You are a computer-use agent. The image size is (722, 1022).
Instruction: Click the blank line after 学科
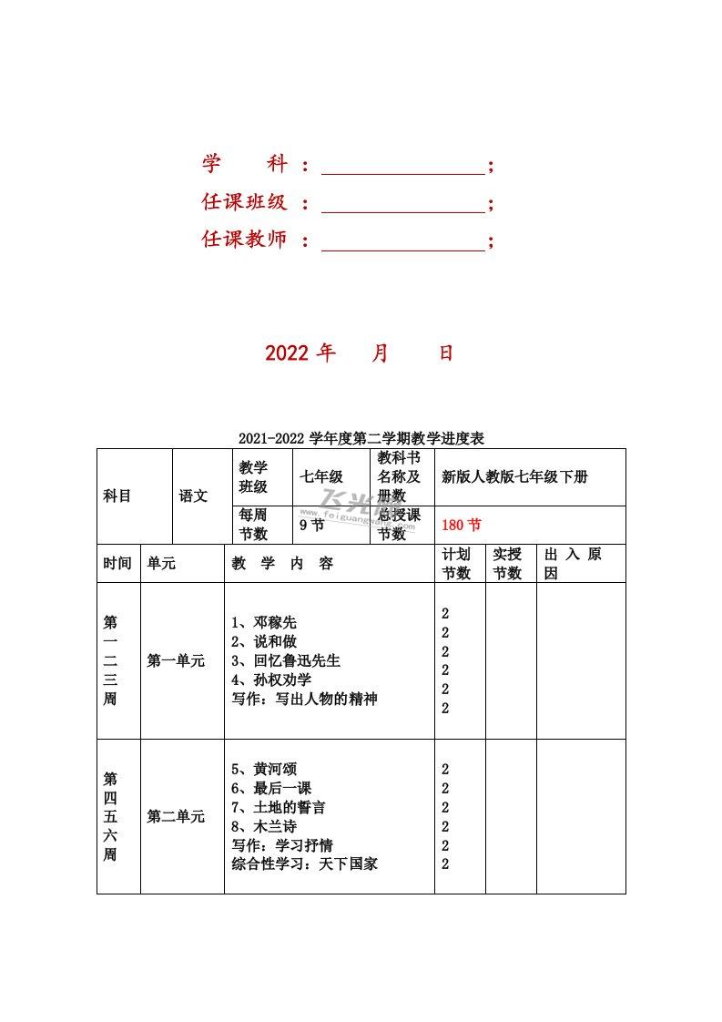[x=403, y=166]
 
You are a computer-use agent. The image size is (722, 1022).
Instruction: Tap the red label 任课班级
[x=244, y=202]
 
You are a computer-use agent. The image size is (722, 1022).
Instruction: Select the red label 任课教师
[x=244, y=240]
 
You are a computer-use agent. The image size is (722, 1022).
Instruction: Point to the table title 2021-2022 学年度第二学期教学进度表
[x=361, y=438]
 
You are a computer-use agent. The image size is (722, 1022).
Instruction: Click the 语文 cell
[x=193, y=496]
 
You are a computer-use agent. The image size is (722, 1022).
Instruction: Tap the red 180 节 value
[x=462, y=525]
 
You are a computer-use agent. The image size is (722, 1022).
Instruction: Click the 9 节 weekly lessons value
[x=311, y=525]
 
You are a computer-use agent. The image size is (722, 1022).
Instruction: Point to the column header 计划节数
[x=456, y=564]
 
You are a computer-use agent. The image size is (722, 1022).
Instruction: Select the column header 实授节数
[x=507, y=564]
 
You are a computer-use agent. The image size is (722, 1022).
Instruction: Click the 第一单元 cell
[x=176, y=661]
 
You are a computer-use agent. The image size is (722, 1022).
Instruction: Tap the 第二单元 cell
[x=176, y=817]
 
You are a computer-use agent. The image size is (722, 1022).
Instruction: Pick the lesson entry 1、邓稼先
[x=264, y=623]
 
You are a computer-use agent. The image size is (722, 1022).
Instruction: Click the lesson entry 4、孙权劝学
[x=272, y=680]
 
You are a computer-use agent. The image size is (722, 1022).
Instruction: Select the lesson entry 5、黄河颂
[x=264, y=769]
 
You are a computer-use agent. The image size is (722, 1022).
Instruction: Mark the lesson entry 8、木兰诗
[x=264, y=826]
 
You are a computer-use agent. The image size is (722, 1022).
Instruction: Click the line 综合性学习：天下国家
[x=305, y=864]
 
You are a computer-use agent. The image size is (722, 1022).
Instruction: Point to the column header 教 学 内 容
[x=283, y=564]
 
